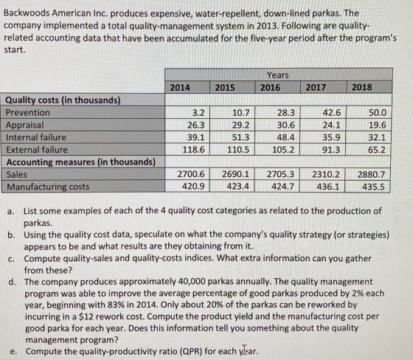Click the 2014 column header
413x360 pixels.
(180, 87)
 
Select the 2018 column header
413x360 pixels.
(361, 87)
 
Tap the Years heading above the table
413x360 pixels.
(278, 75)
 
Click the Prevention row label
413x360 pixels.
(28, 113)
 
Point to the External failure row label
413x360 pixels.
(37, 150)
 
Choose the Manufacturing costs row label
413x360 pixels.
(48, 187)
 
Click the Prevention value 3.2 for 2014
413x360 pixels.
(198, 113)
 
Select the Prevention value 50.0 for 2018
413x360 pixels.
(378, 113)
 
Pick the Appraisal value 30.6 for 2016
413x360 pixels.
(286, 125)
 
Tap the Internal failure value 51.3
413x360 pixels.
(240, 137)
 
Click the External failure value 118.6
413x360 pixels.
(193, 150)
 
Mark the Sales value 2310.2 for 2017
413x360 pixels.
(326, 174)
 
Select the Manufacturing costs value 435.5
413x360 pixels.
(373, 187)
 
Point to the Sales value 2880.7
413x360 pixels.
(371, 174)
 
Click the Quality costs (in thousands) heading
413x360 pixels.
(63, 100)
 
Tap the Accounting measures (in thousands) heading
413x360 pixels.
(81, 162)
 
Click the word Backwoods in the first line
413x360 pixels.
(27, 13)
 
